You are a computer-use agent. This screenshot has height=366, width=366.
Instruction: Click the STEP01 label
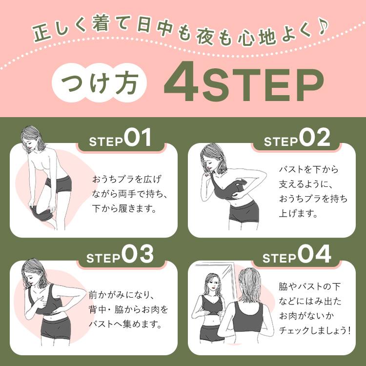point(120,138)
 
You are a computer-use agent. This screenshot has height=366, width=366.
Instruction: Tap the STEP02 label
point(297,138)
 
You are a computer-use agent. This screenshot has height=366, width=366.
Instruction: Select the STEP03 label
point(120,255)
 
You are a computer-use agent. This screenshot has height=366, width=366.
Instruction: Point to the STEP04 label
point(297,255)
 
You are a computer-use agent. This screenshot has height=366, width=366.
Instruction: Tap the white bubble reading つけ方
point(99,82)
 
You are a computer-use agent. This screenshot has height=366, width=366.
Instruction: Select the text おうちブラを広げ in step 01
point(126,180)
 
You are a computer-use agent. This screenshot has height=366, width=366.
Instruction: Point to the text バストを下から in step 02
point(308,169)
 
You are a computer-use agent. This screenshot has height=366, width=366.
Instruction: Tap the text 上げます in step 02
point(298,213)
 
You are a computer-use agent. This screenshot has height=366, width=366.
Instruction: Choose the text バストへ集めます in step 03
point(125,324)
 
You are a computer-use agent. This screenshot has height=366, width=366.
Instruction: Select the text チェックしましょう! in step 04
point(315,330)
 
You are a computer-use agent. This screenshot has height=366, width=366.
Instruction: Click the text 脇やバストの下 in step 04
point(310,286)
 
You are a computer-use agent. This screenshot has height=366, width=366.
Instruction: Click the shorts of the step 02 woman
point(244,212)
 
